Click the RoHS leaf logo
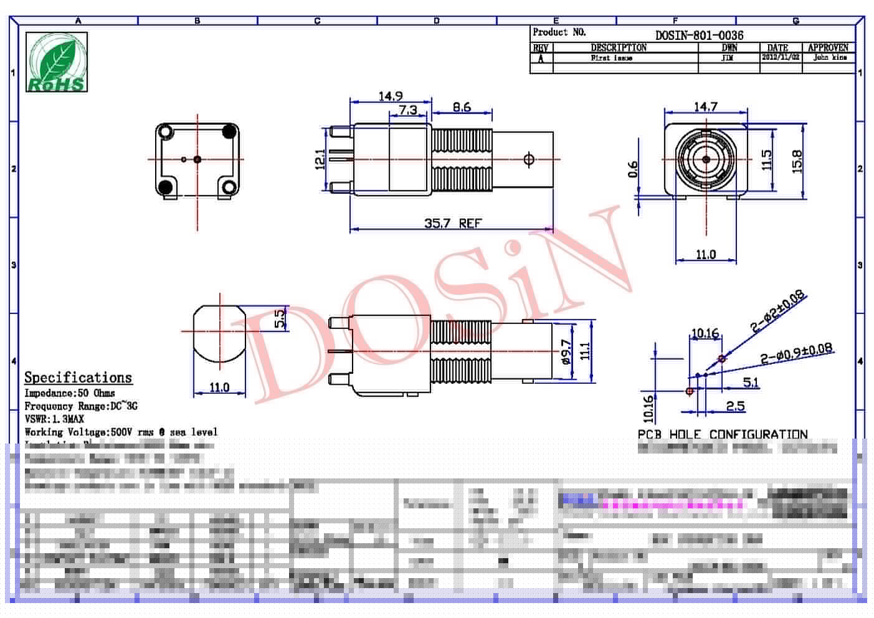click(57, 62)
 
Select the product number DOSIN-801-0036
click(699, 35)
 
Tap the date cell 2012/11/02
click(780, 57)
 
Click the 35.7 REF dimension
click(453, 222)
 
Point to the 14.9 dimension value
click(391, 96)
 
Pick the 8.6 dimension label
click(462, 107)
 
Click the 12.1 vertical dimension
click(320, 159)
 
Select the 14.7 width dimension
click(705, 107)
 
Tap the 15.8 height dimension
click(797, 161)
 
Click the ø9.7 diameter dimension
click(566, 351)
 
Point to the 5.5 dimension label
click(280, 318)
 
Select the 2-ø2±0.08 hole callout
click(777, 311)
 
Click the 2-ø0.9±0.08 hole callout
click(796, 353)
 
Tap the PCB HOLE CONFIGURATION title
click(722, 434)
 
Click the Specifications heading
click(78, 377)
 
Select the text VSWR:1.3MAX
click(54, 419)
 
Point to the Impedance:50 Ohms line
click(69, 393)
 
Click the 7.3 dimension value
click(407, 110)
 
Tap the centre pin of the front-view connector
click(705, 159)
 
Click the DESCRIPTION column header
click(618, 47)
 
